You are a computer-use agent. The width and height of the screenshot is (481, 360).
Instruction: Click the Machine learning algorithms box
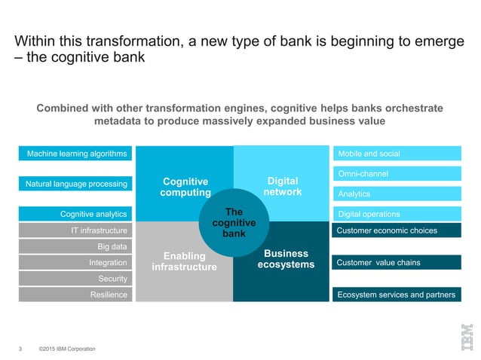point(75,154)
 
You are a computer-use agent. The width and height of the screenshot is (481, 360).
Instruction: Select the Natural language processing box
point(75,183)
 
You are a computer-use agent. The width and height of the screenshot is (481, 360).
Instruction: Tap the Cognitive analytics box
point(75,214)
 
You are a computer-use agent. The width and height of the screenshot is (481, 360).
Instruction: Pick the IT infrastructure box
point(75,230)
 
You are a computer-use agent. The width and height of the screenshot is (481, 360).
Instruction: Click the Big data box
point(75,246)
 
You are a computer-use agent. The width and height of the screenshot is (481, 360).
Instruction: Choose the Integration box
point(75,262)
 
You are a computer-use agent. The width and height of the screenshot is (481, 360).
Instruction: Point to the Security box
point(75,279)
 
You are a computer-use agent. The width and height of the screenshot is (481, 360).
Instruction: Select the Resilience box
point(75,294)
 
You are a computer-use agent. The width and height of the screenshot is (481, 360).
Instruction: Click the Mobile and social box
point(397,154)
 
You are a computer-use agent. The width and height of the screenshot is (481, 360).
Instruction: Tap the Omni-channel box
point(397,174)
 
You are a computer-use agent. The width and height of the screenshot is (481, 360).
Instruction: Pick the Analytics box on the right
point(397,194)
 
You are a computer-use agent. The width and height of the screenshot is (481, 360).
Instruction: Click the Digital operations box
point(397,214)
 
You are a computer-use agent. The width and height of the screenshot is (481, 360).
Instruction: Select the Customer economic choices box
point(397,230)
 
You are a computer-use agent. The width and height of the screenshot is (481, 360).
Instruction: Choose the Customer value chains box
point(397,262)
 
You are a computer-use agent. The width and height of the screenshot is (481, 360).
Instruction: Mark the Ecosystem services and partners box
point(397,294)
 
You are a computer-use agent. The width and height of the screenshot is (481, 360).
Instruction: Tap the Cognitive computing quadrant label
point(185,187)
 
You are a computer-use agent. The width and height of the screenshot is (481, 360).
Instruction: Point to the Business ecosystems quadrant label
point(283,258)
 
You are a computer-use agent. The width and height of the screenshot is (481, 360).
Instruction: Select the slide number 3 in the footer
point(20,349)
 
